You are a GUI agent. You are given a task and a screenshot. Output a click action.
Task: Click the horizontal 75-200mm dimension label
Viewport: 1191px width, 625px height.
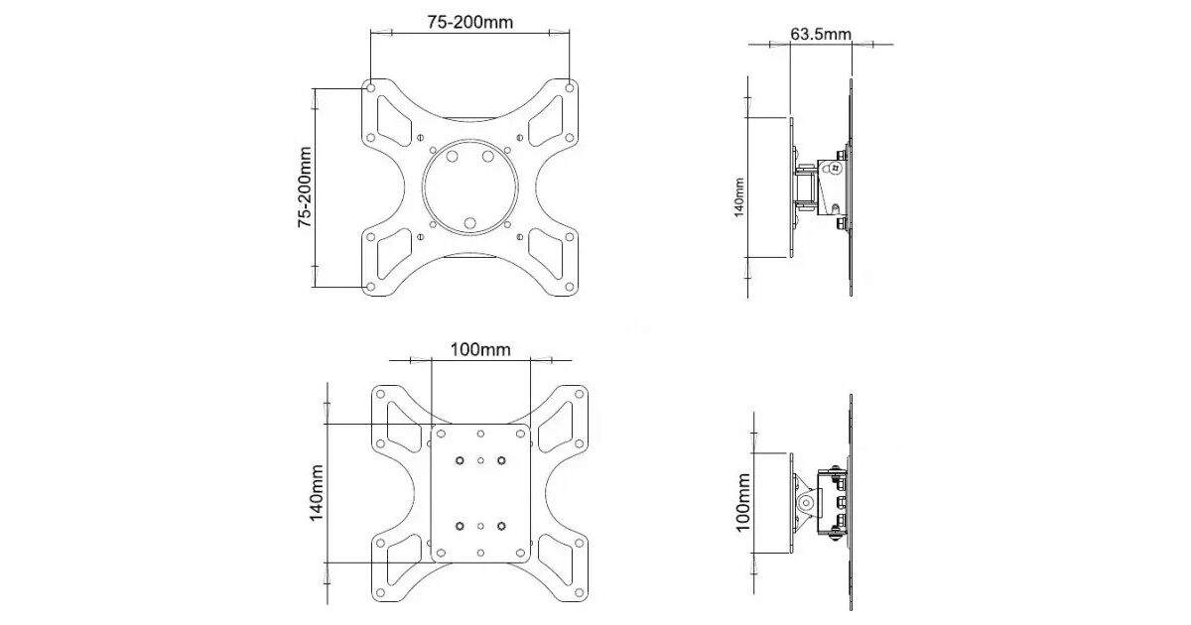point(470,22)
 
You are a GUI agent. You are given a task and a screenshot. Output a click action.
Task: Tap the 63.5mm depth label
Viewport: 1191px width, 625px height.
point(821,34)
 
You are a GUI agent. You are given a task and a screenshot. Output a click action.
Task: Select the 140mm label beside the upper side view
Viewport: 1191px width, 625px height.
point(738,197)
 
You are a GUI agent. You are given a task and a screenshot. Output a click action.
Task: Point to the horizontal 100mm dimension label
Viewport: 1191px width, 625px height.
point(480,349)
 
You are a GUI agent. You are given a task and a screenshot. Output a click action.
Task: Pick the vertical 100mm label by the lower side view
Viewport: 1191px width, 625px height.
point(742,502)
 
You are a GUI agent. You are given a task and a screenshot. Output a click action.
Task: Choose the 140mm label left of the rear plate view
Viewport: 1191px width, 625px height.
point(317,493)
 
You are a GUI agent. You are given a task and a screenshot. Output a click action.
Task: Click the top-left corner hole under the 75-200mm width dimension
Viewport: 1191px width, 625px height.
point(370,87)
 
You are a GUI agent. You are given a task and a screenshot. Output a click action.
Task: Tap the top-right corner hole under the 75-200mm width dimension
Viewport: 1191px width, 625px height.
point(570,87)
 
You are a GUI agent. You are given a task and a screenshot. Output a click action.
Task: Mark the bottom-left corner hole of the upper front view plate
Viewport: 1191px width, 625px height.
point(370,287)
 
